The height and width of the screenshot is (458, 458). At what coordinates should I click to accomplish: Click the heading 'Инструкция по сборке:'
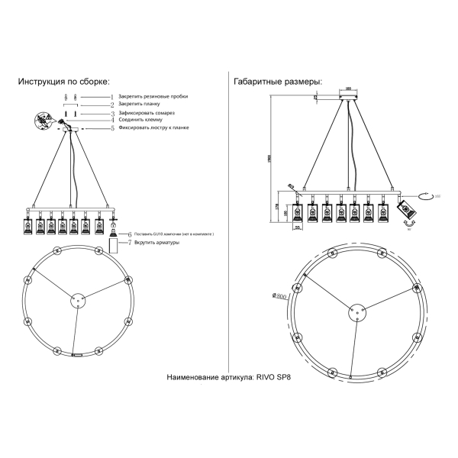click(64, 82)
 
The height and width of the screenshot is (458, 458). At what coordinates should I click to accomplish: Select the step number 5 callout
click(111, 128)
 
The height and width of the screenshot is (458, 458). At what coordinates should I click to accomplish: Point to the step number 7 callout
click(130, 243)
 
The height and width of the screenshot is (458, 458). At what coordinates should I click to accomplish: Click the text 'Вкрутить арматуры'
click(156, 243)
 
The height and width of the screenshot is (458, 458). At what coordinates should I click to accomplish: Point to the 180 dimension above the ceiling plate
click(350, 88)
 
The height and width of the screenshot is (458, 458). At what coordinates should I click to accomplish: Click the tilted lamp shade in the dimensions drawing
click(406, 209)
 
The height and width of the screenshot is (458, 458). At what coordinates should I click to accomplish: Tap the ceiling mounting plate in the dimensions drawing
click(350, 97)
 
